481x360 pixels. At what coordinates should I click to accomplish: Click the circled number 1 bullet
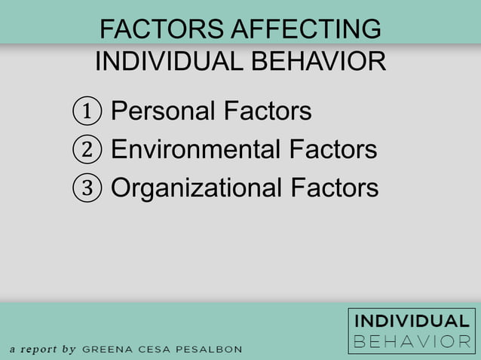point(87,112)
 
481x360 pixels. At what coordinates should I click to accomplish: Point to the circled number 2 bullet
point(87,150)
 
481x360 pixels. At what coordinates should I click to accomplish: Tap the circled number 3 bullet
point(87,188)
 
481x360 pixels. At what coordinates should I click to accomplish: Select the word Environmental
point(195,149)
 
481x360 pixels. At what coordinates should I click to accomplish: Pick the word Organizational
point(196,187)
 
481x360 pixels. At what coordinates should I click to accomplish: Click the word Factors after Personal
point(268,111)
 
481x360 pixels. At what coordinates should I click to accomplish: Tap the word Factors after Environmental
point(332,149)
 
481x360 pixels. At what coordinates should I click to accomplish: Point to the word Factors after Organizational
point(334,187)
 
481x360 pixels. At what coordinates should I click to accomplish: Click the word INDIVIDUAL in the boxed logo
point(412,322)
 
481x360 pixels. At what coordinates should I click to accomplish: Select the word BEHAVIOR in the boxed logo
point(412,341)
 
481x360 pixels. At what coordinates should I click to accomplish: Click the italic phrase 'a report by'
point(43,349)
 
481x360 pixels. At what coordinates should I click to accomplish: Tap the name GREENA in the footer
point(106,349)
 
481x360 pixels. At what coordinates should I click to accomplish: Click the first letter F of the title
point(106,29)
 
